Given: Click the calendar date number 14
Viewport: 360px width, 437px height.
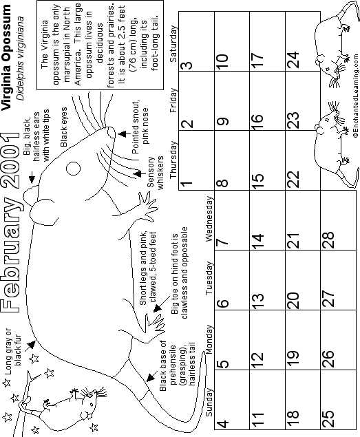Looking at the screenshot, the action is click(x=257, y=241).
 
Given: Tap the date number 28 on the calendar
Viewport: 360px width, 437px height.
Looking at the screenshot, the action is click(x=328, y=239).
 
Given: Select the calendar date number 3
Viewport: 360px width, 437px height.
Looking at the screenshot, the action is click(x=187, y=65).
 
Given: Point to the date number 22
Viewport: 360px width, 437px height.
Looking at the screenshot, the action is click(x=293, y=179).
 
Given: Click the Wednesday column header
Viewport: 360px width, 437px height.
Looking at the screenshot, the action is click(x=209, y=219).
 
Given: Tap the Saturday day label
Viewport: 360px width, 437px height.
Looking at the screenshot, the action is click(x=173, y=44).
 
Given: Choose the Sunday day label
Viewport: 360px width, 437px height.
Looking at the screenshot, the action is click(x=209, y=402).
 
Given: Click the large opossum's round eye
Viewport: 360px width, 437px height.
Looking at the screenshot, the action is click(x=73, y=169).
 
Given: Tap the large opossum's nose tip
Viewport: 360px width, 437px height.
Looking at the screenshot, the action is click(x=111, y=133).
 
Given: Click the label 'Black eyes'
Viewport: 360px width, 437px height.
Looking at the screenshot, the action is click(x=64, y=127).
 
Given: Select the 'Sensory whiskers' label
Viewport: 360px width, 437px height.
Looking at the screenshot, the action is click(x=155, y=173).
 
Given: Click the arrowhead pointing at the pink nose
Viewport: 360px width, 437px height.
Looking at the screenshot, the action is click(x=122, y=134).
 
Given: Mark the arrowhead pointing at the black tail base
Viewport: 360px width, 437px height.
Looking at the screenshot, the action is click(x=151, y=378).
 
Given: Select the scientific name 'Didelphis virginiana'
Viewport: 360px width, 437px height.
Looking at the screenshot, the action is click(x=20, y=58).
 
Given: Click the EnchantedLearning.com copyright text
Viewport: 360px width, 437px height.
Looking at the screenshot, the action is click(x=356, y=96).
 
